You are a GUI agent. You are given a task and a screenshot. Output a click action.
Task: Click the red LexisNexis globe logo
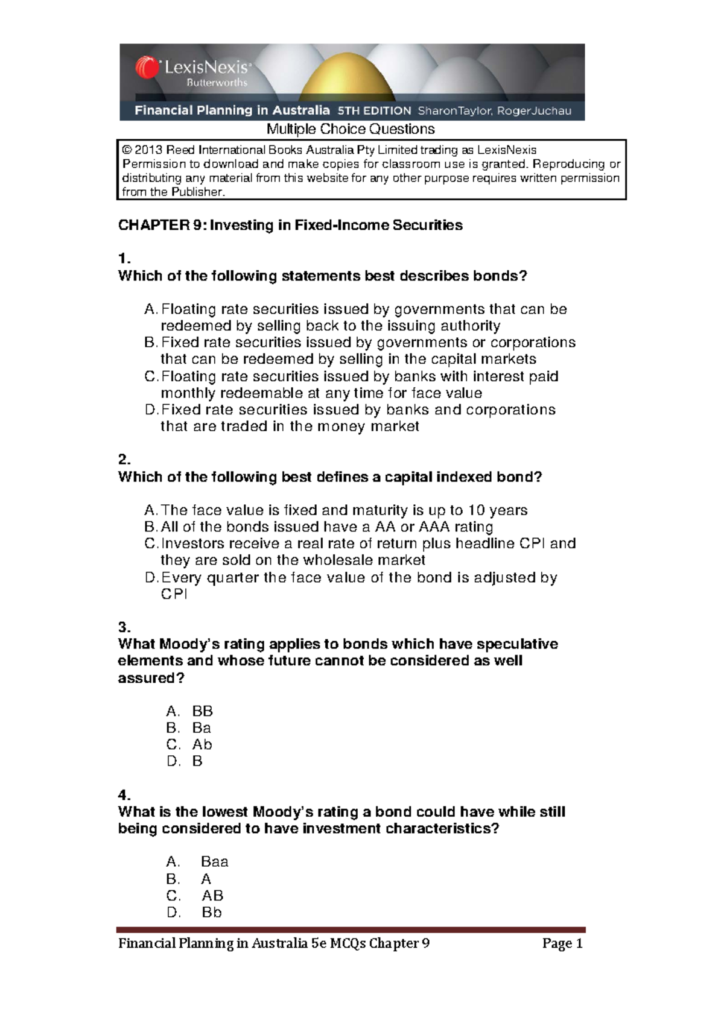[x=147, y=68]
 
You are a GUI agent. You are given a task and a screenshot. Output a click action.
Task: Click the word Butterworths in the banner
[x=217, y=83]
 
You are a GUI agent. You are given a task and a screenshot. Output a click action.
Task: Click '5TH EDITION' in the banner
[x=374, y=110]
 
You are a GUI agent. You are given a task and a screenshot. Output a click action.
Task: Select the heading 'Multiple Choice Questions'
[x=351, y=129]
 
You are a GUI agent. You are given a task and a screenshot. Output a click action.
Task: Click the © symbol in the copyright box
[x=127, y=150]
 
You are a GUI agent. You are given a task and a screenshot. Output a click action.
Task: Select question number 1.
[x=124, y=259]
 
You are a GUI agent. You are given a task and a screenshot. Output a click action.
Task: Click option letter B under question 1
[x=150, y=343]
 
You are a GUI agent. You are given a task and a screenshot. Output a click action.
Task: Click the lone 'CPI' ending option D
[x=174, y=594]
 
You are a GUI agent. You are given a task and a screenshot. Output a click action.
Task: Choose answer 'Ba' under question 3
[x=202, y=728]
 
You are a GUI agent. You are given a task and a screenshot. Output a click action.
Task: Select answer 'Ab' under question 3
[x=202, y=744]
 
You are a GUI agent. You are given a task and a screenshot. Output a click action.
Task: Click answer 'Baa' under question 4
[x=214, y=861]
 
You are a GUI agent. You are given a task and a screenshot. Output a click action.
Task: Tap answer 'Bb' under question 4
[x=212, y=912]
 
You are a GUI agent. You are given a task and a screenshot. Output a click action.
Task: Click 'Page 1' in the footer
[x=562, y=943]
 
